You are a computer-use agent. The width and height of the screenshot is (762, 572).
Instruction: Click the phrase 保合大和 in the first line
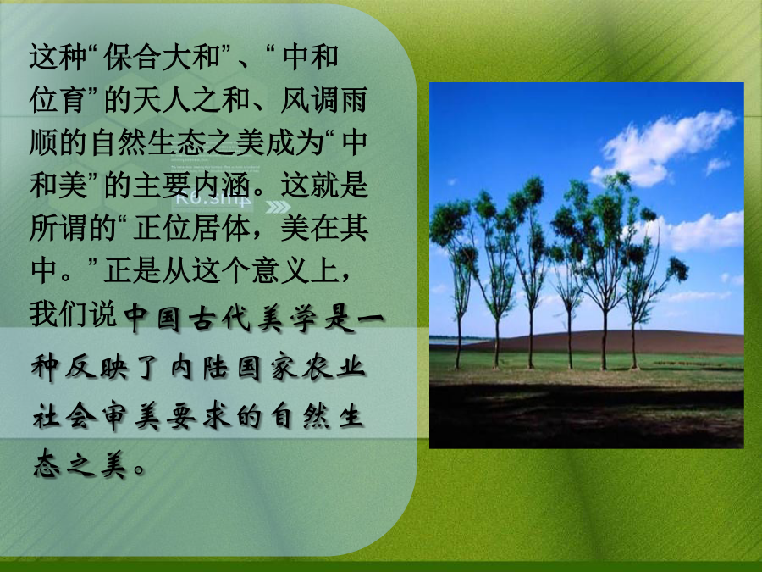coord(163,58)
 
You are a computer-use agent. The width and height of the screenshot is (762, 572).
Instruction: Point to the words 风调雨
coord(323,100)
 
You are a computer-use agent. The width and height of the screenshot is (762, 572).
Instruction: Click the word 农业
coord(334,367)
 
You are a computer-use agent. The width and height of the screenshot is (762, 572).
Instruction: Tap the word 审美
coord(131,417)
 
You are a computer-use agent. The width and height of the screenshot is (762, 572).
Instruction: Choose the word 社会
coord(64,417)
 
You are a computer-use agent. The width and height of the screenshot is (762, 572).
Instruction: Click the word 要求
coord(198,417)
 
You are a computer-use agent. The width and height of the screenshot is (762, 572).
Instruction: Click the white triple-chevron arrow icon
coord(278,208)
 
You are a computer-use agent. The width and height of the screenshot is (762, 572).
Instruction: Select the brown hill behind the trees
coord(607,342)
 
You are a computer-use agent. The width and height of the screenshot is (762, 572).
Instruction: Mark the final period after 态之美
coord(139,471)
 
